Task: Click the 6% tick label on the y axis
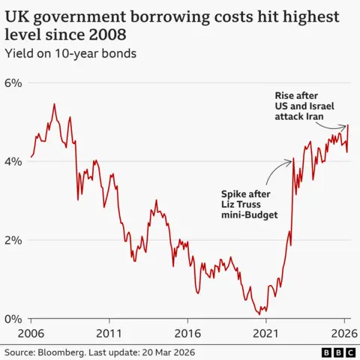coord(15,82)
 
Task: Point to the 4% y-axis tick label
coord(15,161)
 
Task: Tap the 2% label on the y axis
coord(15,240)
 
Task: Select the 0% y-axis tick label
coord(15,319)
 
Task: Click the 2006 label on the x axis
coord(31,332)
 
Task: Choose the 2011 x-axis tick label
coord(109,332)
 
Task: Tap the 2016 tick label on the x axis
coord(188,332)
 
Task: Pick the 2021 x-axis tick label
coord(266,332)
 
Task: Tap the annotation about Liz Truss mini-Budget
coord(247,202)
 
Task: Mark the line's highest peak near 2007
coord(54,104)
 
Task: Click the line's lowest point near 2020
coord(259,313)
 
